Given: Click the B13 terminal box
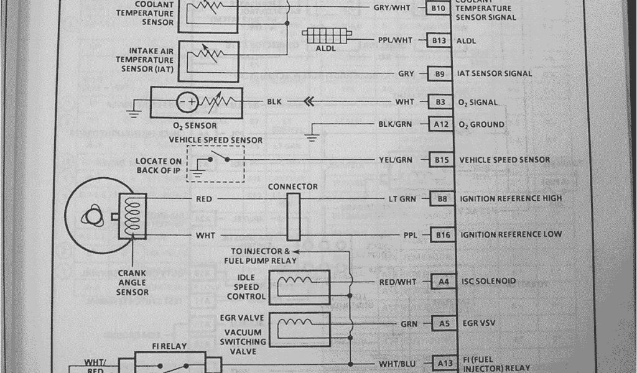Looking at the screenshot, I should click(440, 40).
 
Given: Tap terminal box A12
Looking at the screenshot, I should click(441, 124).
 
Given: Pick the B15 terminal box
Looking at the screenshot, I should click(442, 160).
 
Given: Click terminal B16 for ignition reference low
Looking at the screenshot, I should click(442, 234).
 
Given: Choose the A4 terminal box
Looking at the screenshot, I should click(443, 281).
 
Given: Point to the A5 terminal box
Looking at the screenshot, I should click(443, 323).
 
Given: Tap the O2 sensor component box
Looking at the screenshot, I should click(199, 101).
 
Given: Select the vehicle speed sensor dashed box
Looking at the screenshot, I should click(216, 163).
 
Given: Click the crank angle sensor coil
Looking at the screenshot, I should click(133, 214).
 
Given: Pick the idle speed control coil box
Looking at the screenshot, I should click(299, 287).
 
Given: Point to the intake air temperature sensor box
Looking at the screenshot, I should click(208, 61).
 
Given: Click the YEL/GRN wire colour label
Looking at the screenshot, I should click(395, 160).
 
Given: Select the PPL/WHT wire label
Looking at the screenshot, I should click(395, 40).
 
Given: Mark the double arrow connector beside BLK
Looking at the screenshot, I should click(306, 101).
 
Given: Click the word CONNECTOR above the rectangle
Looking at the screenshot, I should click(292, 186).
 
